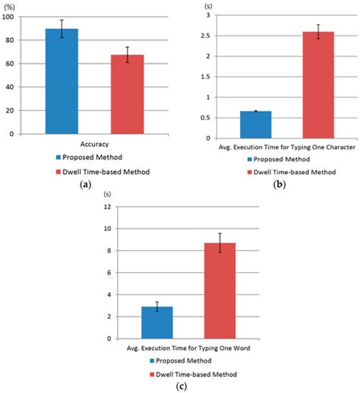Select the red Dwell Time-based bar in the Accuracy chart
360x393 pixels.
click(x=127, y=94)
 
